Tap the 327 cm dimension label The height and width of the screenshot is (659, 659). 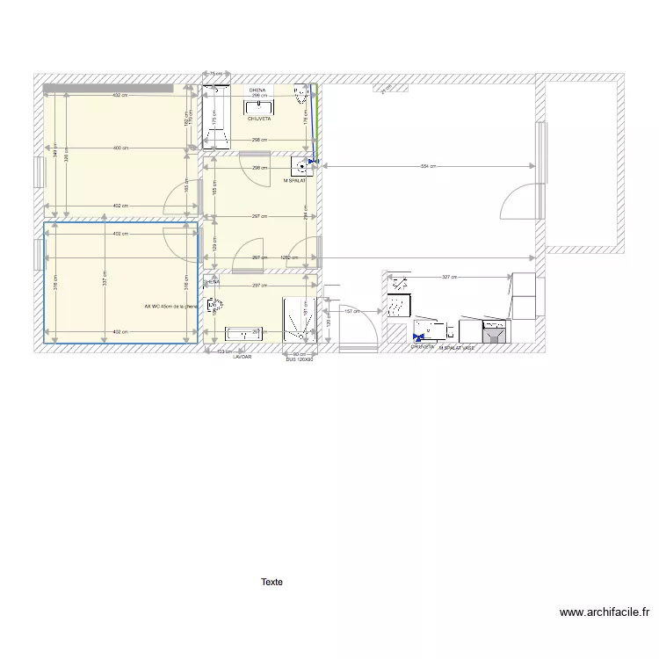point(448,278)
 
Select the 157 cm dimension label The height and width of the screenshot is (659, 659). point(351,311)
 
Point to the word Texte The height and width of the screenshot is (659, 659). point(272,582)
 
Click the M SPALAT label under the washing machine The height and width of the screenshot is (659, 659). point(294,181)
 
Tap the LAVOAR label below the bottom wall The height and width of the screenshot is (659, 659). point(242,358)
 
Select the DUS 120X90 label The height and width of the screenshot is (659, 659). point(300,358)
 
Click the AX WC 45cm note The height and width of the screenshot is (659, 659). point(171,307)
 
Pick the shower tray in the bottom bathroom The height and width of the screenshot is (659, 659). point(299,319)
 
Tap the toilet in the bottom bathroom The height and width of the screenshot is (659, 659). point(214,306)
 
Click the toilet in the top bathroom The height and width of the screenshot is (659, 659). point(303,94)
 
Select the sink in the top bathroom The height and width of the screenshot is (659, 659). point(259,106)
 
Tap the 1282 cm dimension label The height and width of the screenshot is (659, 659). point(289,257)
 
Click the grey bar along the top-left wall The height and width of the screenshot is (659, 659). point(107,87)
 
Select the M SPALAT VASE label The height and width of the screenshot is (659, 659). point(457,348)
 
